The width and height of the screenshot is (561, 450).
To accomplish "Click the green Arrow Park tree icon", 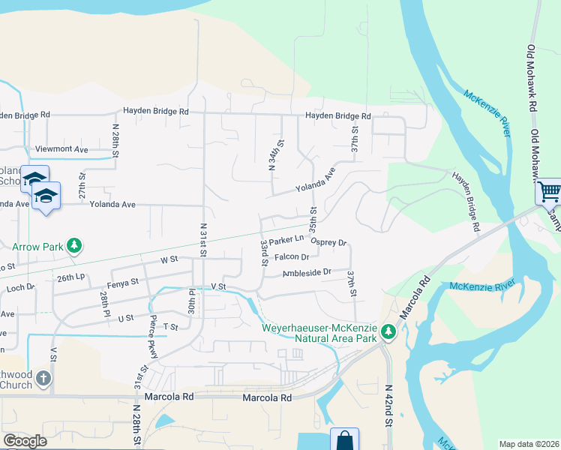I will pyautogui.click(x=74, y=245).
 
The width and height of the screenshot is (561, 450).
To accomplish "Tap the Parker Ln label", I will pyautogui.click(x=286, y=241).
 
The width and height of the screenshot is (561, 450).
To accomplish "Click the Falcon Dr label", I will pyautogui.click(x=292, y=257).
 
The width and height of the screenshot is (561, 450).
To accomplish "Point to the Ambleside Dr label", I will pyautogui.click(x=307, y=273).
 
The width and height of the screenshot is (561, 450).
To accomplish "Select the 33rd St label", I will pyautogui.click(x=264, y=253).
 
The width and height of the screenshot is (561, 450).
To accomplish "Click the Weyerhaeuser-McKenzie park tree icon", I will pyautogui.click(x=388, y=331).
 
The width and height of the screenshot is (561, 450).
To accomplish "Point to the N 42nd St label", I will pyautogui.click(x=388, y=406).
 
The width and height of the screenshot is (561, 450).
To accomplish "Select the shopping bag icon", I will pyautogui.click(x=344, y=440).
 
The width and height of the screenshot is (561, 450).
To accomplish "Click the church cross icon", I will pyautogui.click(x=43, y=377).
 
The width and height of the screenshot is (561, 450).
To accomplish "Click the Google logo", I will pyautogui.click(x=25, y=441).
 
